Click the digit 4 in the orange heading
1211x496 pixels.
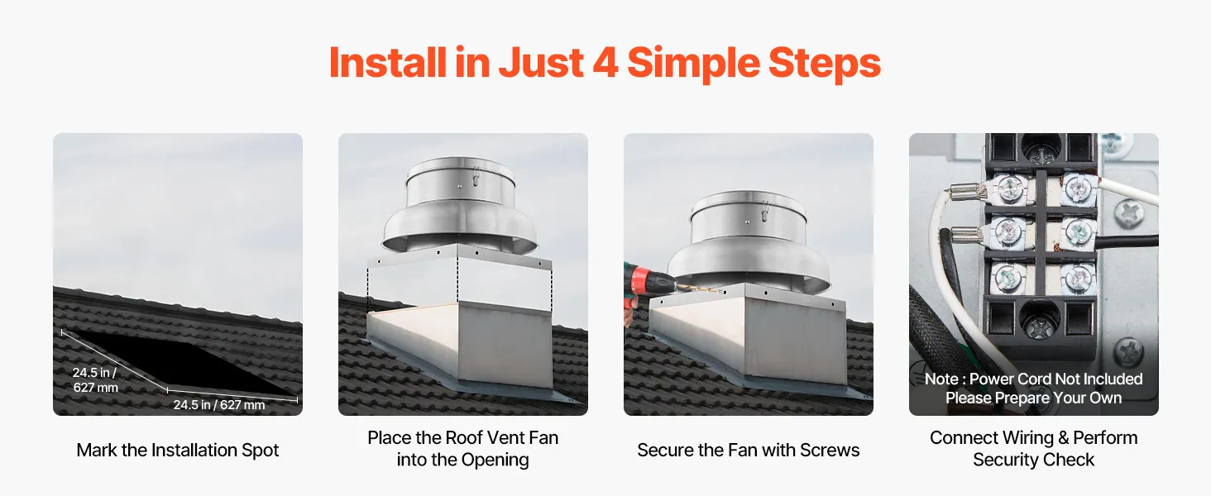607,63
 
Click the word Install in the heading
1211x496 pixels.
388,62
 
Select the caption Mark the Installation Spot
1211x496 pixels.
177,450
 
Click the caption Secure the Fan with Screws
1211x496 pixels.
749,450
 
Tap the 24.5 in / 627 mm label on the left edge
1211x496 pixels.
95,379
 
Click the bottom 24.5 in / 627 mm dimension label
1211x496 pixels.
219,405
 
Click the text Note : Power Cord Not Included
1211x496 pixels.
1033,379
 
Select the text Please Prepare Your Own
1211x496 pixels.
1033,398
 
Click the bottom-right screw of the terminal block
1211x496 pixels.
1078,279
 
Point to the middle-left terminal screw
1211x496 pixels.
1008,233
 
